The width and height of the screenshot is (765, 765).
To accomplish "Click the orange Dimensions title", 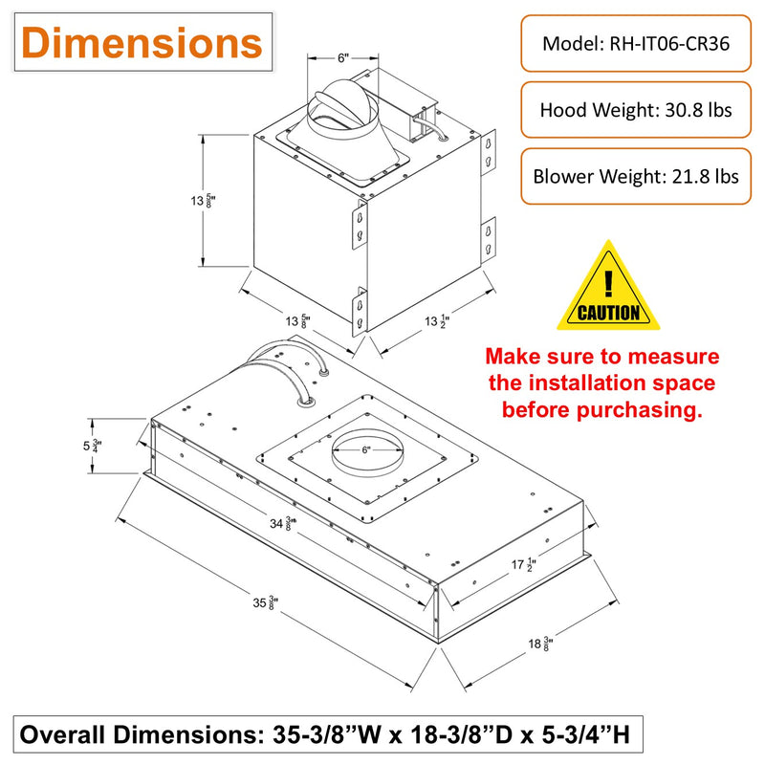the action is (x=142, y=43).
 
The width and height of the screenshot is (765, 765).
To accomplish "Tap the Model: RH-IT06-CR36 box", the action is (x=636, y=43).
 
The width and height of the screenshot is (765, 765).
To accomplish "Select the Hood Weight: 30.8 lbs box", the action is (x=636, y=110).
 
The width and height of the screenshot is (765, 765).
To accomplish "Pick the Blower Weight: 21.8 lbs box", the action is (x=636, y=176).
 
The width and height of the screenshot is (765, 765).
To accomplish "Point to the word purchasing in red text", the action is (x=639, y=410).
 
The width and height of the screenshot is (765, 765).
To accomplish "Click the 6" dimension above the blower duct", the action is (x=343, y=58).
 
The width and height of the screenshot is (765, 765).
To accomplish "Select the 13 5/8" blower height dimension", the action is (x=203, y=201).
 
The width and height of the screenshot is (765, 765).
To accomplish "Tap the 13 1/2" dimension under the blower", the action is (x=437, y=321).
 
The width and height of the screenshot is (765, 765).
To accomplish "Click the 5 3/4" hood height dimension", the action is (x=92, y=446).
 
